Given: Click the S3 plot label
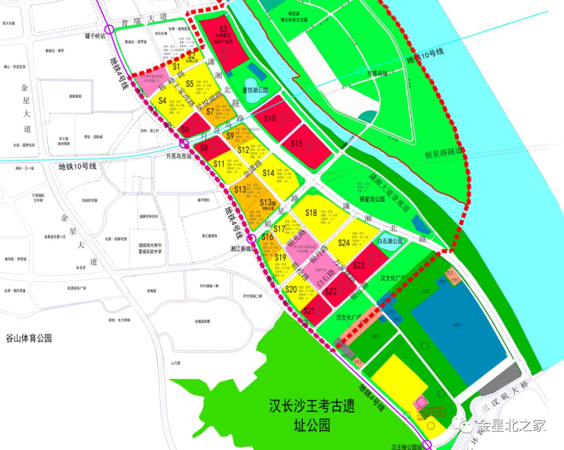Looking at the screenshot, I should pyautogui.click(x=223, y=29).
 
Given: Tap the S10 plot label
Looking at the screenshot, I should pyautogui.click(x=269, y=119).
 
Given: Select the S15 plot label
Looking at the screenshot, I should pyautogui.click(x=297, y=144).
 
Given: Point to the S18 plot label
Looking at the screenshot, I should pyautogui.click(x=311, y=212).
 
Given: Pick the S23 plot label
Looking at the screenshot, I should pyautogui.click(x=359, y=265).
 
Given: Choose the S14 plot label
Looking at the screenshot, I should pyautogui.click(x=268, y=173).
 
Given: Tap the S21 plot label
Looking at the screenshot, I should pyautogui.click(x=309, y=311).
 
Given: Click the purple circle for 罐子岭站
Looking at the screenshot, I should pyautogui.click(x=109, y=29).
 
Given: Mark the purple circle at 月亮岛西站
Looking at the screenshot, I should pyautogui.click(x=184, y=144).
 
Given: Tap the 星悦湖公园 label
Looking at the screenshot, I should pyautogui.click(x=255, y=90).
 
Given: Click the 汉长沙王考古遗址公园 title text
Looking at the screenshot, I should pyautogui.click(x=312, y=416).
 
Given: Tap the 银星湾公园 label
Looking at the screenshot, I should pyautogui.click(x=372, y=199).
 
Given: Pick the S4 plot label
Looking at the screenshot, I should pyautogui.click(x=162, y=100).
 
